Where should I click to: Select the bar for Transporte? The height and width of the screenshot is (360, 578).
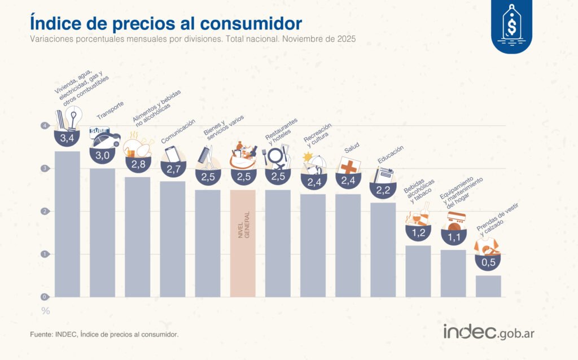pos(102,232)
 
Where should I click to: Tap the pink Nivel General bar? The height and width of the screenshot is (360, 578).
pos(243,243)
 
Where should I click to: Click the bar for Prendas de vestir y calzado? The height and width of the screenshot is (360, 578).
pos(488,286)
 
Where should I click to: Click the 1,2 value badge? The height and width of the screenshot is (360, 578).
pos(418,232)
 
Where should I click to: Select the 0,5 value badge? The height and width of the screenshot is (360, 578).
pos(488,262)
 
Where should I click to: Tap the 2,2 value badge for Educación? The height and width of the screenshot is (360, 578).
pos(383,190)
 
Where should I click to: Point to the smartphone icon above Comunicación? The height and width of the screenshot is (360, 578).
pos(172,153)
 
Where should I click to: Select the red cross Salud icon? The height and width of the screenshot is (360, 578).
pos(348,166)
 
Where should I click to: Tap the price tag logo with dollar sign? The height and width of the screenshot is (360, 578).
pos(511,26)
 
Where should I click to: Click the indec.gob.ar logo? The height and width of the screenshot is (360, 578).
pos(488,332)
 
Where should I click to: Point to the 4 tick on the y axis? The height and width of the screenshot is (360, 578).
pos(43,126)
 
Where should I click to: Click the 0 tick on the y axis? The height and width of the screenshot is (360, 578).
pos(43,297)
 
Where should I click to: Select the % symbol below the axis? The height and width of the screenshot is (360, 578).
pos(45,311)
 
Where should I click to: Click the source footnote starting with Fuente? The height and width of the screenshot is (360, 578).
pos(104,335)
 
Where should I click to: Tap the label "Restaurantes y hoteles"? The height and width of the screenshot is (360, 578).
pos(281,133)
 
